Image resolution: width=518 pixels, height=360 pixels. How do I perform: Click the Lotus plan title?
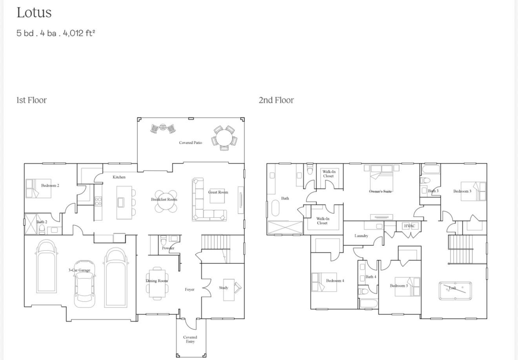[x=34, y=13]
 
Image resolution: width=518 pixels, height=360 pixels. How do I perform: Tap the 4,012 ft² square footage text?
[x=79, y=33]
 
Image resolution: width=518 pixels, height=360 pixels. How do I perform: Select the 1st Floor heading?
[x=31, y=100]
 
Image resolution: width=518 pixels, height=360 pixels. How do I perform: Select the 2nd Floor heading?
[x=276, y=100]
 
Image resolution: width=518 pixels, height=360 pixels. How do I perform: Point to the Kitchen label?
[x=119, y=177]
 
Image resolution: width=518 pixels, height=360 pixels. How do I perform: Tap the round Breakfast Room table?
[x=165, y=201]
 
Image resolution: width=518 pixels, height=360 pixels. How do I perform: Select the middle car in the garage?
[x=85, y=281]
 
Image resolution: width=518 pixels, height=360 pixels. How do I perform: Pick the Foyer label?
[x=190, y=289]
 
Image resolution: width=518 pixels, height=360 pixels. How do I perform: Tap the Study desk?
[x=229, y=290]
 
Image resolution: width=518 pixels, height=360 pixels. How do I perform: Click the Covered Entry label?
[x=190, y=339]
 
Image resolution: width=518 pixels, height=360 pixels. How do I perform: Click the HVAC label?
[x=409, y=226]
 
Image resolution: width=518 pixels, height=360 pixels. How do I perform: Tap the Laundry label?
[x=361, y=236]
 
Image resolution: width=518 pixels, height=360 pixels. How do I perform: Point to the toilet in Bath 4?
[x=363, y=291]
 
